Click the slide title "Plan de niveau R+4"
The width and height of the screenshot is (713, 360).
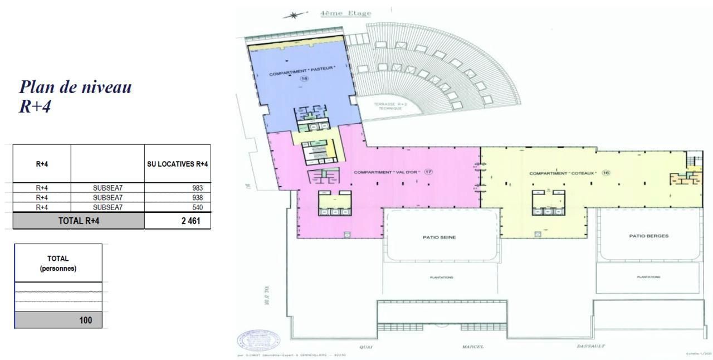click(x=75, y=96)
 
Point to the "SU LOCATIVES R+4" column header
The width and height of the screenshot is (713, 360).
click(x=178, y=164)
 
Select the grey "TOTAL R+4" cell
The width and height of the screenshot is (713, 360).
click(x=79, y=221)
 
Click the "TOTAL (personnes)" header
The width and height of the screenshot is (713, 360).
click(x=58, y=263)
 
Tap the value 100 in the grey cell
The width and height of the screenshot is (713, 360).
click(x=85, y=320)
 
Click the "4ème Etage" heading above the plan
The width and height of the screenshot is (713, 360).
click(x=345, y=13)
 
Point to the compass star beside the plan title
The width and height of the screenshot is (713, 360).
click(x=295, y=16)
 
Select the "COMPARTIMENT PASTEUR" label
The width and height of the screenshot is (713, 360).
click(x=302, y=71)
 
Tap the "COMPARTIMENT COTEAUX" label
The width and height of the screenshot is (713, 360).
click(x=563, y=173)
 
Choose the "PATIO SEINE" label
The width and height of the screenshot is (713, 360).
click(x=439, y=237)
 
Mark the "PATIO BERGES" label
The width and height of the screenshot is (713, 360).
click(x=648, y=236)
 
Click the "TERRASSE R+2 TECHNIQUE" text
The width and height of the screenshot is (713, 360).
click(x=390, y=106)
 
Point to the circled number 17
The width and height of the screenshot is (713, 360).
click(x=428, y=172)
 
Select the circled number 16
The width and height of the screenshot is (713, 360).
click(x=606, y=173)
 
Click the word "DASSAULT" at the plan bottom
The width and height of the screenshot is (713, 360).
click(x=590, y=346)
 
